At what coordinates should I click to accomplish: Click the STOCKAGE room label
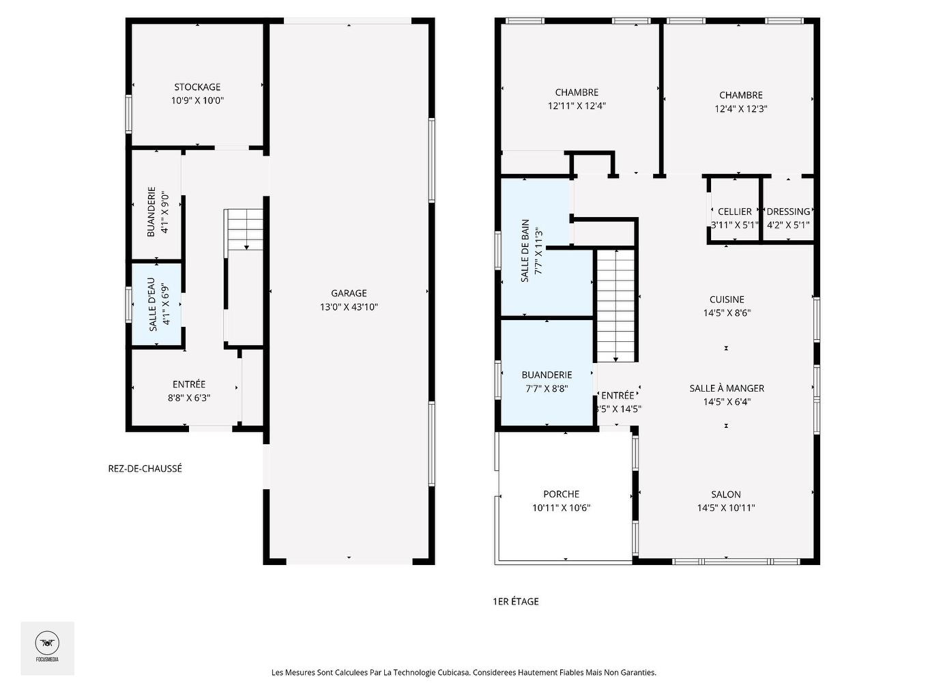point(197,87)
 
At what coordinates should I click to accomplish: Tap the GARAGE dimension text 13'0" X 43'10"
point(349,307)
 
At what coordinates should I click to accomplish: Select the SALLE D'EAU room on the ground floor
point(156,304)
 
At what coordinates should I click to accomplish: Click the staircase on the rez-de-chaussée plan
point(244,229)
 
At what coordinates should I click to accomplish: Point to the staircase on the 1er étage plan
point(616,306)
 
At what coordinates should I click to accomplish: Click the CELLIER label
point(735,212)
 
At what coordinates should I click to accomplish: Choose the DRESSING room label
point(788,212)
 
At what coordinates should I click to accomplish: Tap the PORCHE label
point(562,494)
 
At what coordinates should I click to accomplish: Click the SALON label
point(726,494)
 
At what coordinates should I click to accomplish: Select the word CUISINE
point(727,299)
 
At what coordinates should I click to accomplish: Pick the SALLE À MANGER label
point(727,388)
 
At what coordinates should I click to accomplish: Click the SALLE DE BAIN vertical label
point(525,250)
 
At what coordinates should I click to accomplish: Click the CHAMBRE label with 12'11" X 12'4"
point(577,92)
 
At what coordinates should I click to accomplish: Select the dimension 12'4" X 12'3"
point(741,108)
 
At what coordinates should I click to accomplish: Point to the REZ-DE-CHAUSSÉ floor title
point(145,469)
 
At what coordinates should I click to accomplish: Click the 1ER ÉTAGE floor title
point(516,601)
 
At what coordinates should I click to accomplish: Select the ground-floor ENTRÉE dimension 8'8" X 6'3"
point(189,398)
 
